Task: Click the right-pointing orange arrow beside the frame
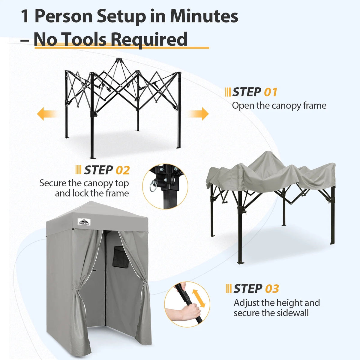click(198, 114)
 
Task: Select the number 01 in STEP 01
click(271, 92)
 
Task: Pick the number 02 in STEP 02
click(123, 170)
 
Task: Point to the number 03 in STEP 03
click(272, 289)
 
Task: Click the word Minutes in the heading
click(204, 16)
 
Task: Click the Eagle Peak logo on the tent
click(84, 221)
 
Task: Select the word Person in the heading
click(64, 16)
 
